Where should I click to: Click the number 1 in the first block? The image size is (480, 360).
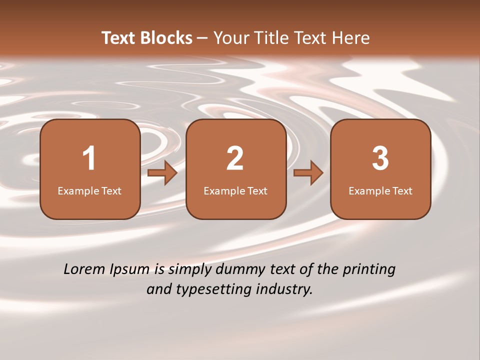pyautogui.click(x=89, y=158)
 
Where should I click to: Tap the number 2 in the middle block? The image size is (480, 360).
pyautogui.click(x=235, y=158)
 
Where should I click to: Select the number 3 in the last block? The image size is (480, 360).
pyautogui.click(x=380, y=158)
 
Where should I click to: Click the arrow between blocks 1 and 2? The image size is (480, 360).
pyautogui.click(x=162, y=173)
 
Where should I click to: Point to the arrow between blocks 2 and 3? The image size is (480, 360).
pyautogui.click(x=308, y=173)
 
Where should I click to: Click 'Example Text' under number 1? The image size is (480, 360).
pyautogui.click(x=89, y=191)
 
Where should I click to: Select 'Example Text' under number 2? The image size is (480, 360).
pyautogui.click(x=235, y=191)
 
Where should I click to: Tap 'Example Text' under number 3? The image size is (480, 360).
pyautogui.click(x=380, y=191)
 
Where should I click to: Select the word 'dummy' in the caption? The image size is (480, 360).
pyautogui.click(x=239, y=270)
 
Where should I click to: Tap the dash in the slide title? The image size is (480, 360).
pyautogui.click(x=202, y=38)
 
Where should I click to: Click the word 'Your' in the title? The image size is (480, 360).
pyautogui.click(x=229, y=38)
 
